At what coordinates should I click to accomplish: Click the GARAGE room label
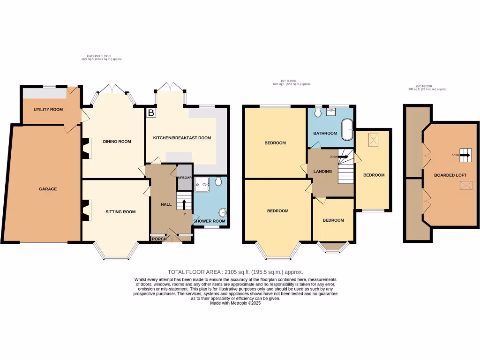coord(48,189)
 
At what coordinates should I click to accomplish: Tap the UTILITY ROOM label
coord(48,109)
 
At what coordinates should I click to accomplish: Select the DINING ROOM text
coord(117,141)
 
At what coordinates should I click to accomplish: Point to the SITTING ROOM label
coord(120,212)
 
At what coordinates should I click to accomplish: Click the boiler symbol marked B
coord(151,113)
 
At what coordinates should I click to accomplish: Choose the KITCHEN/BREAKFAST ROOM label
coord(182,138)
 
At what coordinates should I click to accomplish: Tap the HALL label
coord(166,204)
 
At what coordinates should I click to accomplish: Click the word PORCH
coord(158,239)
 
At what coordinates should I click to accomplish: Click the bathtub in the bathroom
coord(347,129)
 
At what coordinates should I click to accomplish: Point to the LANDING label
coord(322,171)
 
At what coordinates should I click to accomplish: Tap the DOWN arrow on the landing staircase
coord(343,157)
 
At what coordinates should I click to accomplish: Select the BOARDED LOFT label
coord(444,175)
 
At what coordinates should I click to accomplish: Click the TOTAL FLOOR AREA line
coord(235,272)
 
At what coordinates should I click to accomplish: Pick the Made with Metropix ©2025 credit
coord(235,303)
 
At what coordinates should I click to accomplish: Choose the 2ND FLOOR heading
coord(426,86)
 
